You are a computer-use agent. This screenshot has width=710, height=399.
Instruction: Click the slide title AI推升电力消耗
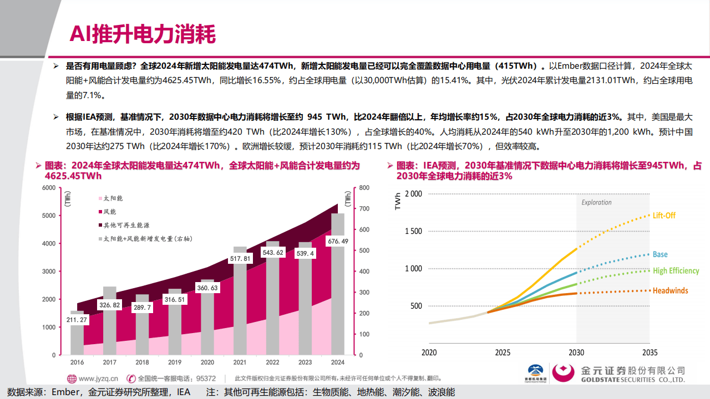pos(142,34)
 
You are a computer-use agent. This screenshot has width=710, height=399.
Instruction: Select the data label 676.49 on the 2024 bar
pos(338,242)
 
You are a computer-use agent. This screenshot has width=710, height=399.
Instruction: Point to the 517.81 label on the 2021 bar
pos(240,259)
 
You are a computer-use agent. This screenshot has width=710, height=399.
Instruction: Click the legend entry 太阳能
pos(113,198)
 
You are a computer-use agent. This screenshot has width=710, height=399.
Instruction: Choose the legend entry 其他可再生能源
pos(126,225)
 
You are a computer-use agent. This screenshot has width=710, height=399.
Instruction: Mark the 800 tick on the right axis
pos(364,188)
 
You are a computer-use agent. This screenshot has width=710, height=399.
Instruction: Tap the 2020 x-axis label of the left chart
pos(207,362)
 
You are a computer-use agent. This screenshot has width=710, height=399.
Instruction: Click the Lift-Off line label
pos(664,216)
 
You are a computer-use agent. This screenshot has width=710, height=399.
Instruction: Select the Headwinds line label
pos(670,290)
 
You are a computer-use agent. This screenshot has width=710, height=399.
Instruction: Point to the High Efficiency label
pos(676,271)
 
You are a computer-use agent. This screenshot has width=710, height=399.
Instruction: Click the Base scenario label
pos(660,254)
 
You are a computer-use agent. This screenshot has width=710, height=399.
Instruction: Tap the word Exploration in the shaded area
pos(596,203)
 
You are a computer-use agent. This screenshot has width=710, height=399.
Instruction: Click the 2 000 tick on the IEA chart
pos(413,193)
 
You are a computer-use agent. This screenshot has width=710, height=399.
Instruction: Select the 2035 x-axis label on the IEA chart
pos(650,352)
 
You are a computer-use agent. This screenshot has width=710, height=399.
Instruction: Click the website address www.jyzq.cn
pos(98,378)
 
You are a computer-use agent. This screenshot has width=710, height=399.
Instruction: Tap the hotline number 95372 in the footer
pos(206,378)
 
